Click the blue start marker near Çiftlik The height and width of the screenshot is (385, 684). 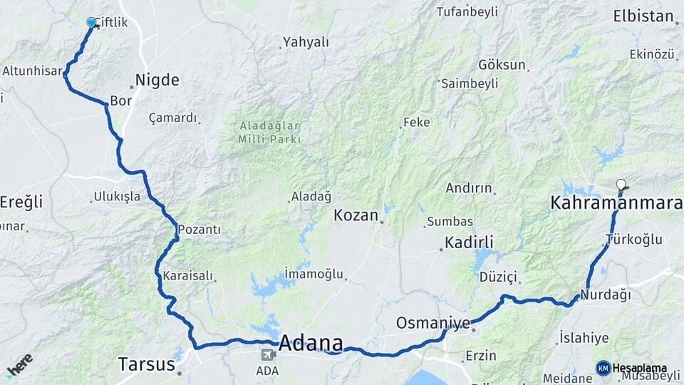(x=91, y=23)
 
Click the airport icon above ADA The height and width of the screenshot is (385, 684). (x=268, y=354)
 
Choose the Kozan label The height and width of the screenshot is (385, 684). (x=356, y=215)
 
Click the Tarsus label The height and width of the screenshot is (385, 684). (x=145, y=364)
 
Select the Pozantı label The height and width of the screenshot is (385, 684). (x=199, y=230)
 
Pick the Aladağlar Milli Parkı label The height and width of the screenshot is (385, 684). (x=269, y=132)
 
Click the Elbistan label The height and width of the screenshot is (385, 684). (x=643, y=16)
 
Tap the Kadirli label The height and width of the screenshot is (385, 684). (x=469, y=242)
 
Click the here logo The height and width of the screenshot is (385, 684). (x=19, y=364)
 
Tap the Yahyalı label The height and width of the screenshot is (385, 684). (x=306, y=42)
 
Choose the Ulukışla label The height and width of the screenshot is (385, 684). (x=117, y=197)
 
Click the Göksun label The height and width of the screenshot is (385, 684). (x=502, y=65)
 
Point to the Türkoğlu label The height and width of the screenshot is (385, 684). (x=633, y=240)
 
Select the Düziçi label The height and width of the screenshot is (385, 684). (x=497, y=277)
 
